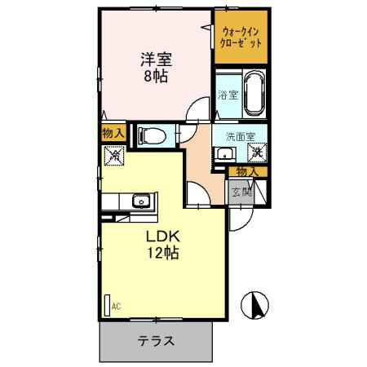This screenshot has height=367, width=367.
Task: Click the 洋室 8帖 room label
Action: coord(156,68)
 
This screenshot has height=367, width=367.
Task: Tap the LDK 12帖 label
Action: coord(163,245)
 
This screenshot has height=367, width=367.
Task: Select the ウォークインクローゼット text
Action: coord(241,38)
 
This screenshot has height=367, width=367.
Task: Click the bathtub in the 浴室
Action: coord(254,94)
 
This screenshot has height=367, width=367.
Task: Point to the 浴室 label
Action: coord(228,95)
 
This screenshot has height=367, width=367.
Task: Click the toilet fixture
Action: coord(152,135)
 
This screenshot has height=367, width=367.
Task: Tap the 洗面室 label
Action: coord(241,137)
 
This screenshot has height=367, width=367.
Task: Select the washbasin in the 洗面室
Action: coord(225,154)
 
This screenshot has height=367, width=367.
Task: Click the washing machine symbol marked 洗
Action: coord(257,153)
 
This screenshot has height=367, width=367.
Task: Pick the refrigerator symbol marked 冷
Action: coord(114,156)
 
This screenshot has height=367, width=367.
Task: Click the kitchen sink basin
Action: coord(141,201)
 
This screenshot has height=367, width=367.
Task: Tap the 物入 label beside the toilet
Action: coord(113,133)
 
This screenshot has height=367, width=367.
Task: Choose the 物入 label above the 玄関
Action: coord(247,172)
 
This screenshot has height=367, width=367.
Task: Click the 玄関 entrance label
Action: coord(241,192)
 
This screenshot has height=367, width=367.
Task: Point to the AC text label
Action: coord(116,307)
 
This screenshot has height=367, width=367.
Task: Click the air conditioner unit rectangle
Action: coord(108,305)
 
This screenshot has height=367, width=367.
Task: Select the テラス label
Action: coord(156,341)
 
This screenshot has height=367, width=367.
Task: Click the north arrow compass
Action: coord(255,305)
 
